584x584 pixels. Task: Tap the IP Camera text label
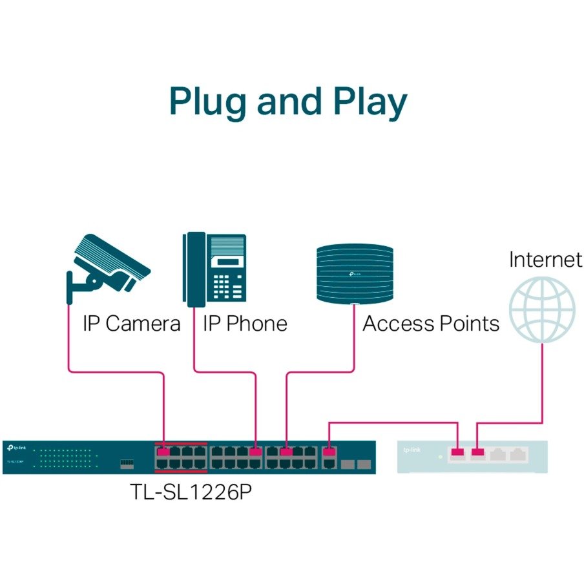tap(131, 323)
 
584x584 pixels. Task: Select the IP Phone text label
tap(245, 323)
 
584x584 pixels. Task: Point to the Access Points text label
tap(431, 323)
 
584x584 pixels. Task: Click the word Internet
tap(545, 260)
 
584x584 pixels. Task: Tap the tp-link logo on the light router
tap(412, 450)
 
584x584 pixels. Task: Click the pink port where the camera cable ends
tap(163, 452)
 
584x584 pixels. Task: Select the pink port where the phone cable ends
tap(256, 452)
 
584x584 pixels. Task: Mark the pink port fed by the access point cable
tap(286, 452)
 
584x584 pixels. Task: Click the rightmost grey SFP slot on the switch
tap(364, 463)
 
